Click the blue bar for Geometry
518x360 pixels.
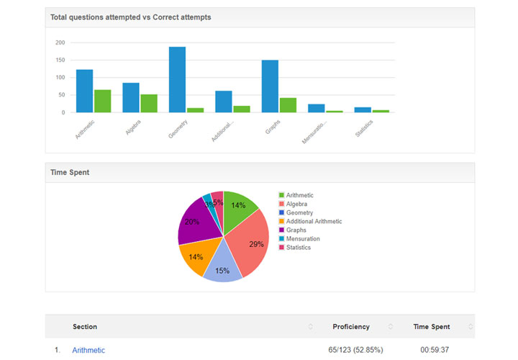point(177,80)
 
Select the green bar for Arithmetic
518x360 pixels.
point(102,102)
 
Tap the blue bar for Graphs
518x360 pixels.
point(270,86)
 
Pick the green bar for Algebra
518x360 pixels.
point(149,104)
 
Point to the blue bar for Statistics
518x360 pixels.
point(363,110)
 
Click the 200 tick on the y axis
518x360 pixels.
point(60,42)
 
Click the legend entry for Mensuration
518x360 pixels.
point(303,238)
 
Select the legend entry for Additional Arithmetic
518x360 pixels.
point(314,221)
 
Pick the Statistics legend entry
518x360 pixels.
point(298,247)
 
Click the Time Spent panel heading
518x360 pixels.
point(70,173)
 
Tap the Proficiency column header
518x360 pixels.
point(351,327)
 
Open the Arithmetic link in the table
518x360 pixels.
point(88,351)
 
